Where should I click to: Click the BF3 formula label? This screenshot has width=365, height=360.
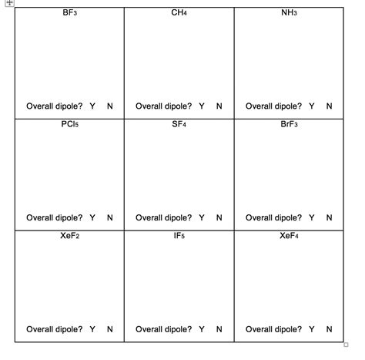coord(69,14)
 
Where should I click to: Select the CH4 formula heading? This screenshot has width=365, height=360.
coord(179,14)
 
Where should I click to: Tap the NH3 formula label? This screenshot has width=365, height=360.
coord(290,14)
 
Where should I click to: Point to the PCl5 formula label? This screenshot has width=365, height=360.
coord(69,125)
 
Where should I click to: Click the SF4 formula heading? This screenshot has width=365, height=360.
coord(179,125)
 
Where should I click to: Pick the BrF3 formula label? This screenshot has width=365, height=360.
coord(290,125)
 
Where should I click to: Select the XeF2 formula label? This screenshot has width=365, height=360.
coord(69,236)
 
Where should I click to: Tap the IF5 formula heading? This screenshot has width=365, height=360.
coord(179,236)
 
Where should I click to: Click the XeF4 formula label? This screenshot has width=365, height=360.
coord(290,236)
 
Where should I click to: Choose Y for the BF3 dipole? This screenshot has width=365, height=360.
coord(92,106)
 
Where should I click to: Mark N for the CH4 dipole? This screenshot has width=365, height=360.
coord(219,106)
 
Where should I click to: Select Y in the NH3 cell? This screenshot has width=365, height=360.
coord(312,106)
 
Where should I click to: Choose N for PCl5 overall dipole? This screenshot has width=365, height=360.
coord(109,218)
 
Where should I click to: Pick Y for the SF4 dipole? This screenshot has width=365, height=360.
coord(202,218)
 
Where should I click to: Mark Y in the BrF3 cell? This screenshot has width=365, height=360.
coord(312,218)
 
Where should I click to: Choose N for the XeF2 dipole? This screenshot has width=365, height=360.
coord(109,329)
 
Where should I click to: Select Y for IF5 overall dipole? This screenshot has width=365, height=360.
coord(202,329)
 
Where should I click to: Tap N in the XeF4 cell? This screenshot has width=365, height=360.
coord(330,329)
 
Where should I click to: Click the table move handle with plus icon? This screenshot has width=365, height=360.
coord(9,3)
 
